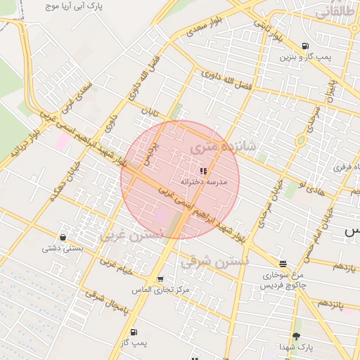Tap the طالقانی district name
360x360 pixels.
click(335, 12)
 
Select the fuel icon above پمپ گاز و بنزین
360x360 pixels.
click(304, 46)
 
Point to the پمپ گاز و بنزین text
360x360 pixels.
click(304, 57)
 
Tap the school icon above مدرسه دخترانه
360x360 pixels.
click(203, 171)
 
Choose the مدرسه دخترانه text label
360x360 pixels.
click(204, 181)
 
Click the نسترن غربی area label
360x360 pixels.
click(132, 234)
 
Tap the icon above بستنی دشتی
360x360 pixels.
click(64, 237)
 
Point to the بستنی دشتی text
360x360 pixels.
click(63, 247)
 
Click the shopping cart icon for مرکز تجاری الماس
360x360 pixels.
click(160, 279)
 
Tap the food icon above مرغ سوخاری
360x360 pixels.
click(283, 264)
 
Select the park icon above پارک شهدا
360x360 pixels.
click(295, 337)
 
